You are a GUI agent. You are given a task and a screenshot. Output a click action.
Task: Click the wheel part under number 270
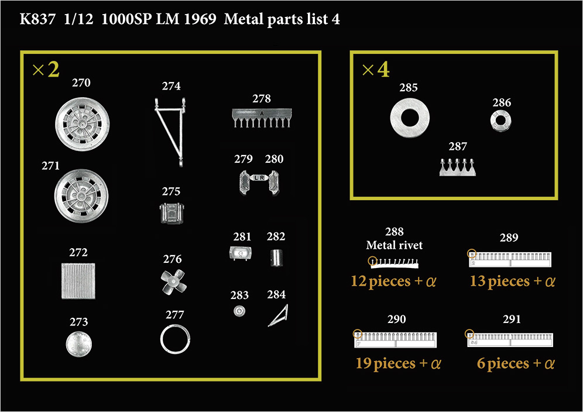(x=82, y=124)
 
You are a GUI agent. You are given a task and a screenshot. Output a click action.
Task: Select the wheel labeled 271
(x=81, y=196)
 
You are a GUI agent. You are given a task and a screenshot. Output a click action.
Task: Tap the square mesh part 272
(x=78, y=281)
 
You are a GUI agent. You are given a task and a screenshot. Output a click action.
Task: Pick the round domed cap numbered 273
(x=78, y=344)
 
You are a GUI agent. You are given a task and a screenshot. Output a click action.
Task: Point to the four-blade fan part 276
(x=173, y=282)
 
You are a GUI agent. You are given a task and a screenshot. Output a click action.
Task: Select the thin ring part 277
(x=175, y=339)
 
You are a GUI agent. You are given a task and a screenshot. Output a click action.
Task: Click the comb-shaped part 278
(x=262, y=118)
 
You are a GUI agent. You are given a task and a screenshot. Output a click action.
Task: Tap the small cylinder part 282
(x=276, y=257)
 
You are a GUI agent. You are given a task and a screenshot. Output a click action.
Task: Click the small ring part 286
(x=500, y=121)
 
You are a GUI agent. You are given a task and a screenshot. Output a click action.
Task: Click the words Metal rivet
(x=394, y=245)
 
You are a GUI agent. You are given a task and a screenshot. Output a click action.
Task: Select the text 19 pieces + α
(x=398, y=363)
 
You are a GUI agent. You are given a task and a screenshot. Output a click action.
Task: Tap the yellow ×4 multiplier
(x=376, y=69)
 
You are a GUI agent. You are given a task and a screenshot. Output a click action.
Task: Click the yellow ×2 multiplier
(x=46, y=69)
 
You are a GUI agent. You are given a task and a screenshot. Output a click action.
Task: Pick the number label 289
(x=509, y=237)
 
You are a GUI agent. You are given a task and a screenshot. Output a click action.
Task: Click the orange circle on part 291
(x=469, y=334)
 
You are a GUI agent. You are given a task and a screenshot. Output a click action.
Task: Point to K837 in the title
(x=37, y=19)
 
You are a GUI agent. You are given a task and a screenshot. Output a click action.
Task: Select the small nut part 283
(x=239, y=311)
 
